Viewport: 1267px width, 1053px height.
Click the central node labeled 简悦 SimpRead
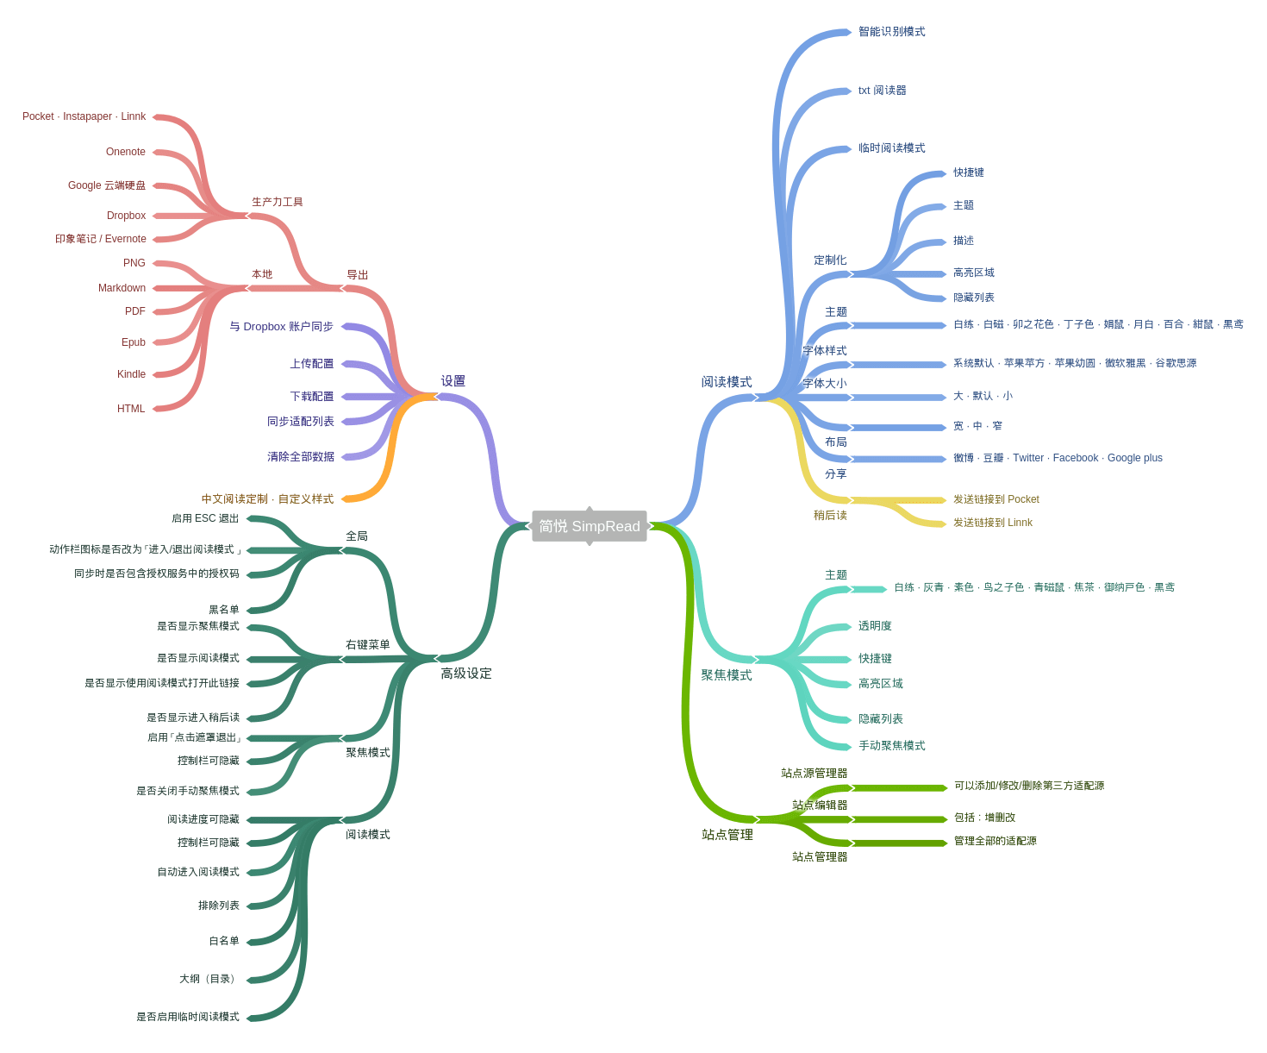[x=589, y=526]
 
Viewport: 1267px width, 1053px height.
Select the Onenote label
[x=126, y=152]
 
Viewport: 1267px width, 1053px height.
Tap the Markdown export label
[x=122, y=288]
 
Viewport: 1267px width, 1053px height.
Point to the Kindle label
[x=131, y=374]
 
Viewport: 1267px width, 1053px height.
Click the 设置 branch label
[x=452, y=381]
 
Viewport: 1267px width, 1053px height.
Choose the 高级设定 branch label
[x=465, y=674]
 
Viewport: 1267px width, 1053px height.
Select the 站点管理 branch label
[x=727, y=835]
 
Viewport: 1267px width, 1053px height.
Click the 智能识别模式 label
[x=891, y=32]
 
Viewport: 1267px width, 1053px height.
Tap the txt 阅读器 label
[x=882, y=91]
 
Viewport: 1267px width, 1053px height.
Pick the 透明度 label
[x=875, y=626]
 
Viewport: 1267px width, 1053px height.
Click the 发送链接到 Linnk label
[x=992, y=523]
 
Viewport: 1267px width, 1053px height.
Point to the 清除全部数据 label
[x=300, y=457]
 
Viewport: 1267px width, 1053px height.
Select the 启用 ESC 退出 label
[x=204, y=518]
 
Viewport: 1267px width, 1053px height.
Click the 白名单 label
[x=223, y=941]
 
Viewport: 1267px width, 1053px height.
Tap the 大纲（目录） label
[x=209, y=979]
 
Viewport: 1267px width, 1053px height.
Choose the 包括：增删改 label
[x=984, y=818]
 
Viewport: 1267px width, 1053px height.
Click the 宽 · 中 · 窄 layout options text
[x=977, y=426]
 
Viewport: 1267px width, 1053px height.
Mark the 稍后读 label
[x=830, y=516]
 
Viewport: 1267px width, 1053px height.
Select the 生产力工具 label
[x=277, y=203]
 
